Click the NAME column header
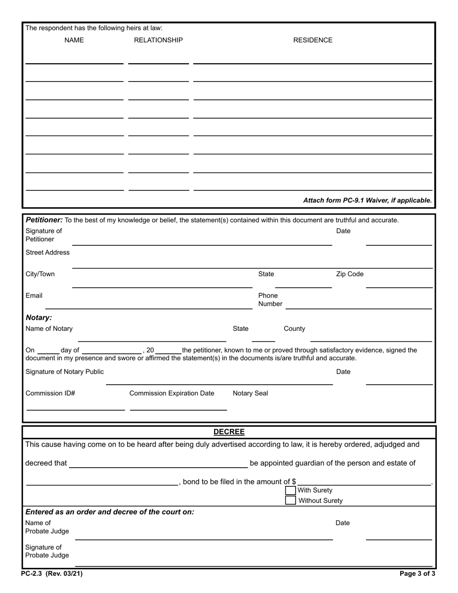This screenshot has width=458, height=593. tap(74, 40)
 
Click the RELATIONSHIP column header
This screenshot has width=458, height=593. tap(158, 40)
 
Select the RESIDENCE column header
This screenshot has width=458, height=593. tap(313, 40)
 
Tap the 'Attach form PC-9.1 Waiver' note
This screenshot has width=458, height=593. tap(367, 200)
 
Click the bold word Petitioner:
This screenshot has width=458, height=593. tap(44, 220)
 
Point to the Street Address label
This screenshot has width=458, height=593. tap(47, 252)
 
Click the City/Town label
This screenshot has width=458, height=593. tap(40, 274)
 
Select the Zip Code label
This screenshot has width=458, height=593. tap(350, 274)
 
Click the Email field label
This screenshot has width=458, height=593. tap(34, 296)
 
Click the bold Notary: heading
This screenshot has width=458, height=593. tap(39, 318)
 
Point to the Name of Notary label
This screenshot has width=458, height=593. tap(49, 328)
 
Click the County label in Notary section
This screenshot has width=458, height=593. tap(294, 328)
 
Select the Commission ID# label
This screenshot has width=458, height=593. tap(50, 393)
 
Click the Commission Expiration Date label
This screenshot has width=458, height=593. tap(172, 393)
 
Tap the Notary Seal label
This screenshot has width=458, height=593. tap(250, 393)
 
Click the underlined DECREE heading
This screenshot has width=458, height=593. tap(229, 432)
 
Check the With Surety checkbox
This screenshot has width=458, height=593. tap(290, 490)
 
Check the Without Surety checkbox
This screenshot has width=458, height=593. tap(290, 500)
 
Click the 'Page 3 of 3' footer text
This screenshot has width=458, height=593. tap(418, 574)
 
